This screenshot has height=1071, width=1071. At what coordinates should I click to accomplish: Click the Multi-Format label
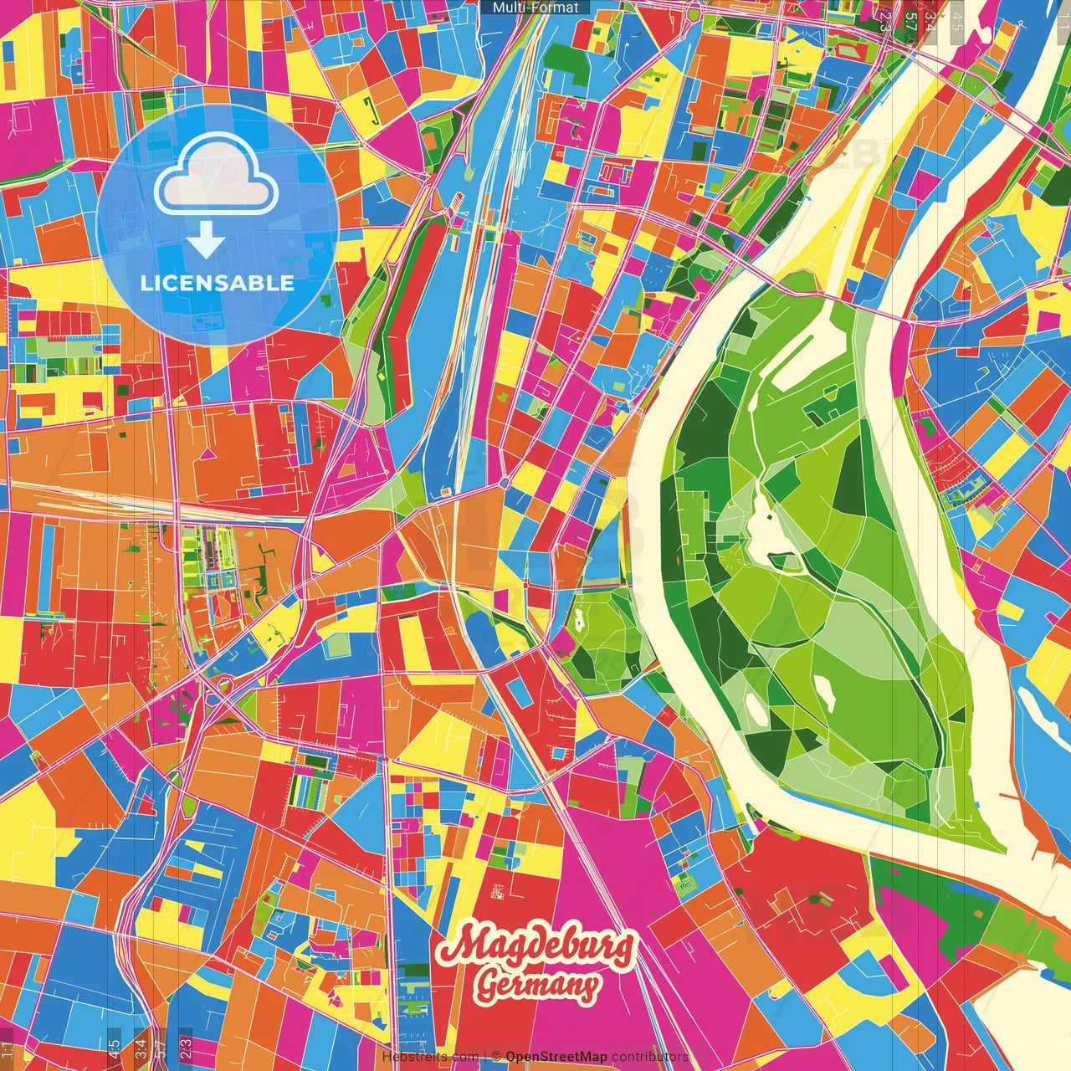click(x=535, y=8)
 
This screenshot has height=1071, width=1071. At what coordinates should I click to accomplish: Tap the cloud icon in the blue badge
click(x=216, y=177)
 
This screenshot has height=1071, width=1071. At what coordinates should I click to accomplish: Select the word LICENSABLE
click(x=218, y=283)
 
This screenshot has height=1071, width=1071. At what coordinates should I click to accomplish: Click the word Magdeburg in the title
click(x=537, y=946)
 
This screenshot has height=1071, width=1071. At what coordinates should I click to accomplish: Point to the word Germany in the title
click(x=537, y=986)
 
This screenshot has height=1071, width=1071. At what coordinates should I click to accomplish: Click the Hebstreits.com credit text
click(x=429, y=1057)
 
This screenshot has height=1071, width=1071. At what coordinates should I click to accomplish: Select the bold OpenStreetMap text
click(x=556, y=1057)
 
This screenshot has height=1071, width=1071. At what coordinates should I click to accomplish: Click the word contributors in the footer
click(x=649, y=1057)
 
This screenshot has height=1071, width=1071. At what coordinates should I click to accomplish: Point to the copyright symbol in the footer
click(x=495, y=1057)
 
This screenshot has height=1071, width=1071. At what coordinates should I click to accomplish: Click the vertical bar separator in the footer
click(x=484, y=1057)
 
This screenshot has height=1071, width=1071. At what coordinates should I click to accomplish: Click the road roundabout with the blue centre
click(x=505, y=483)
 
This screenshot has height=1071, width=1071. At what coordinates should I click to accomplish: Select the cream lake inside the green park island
click(x=766, y=527)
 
